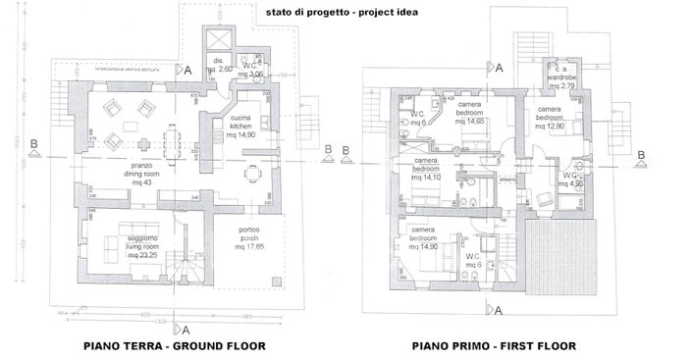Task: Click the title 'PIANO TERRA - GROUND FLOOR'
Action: [174, 345]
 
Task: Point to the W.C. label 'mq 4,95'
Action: [573, 183]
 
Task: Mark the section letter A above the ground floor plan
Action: [186, 71]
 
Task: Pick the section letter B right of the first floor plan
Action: [641, 154]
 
